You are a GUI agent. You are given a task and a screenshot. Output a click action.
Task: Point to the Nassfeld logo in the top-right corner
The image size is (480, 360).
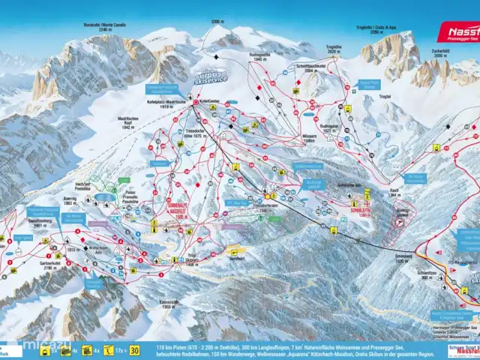[x=457, y=31]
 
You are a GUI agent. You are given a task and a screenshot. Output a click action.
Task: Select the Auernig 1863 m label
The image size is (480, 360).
[x=70, y=201]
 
